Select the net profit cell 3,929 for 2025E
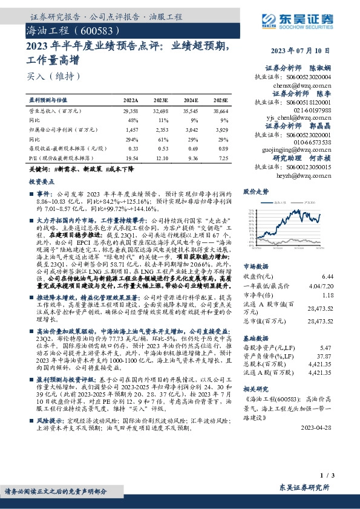pos(221,129)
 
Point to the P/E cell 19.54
pos(131,157)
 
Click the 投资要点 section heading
pos(43,180)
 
